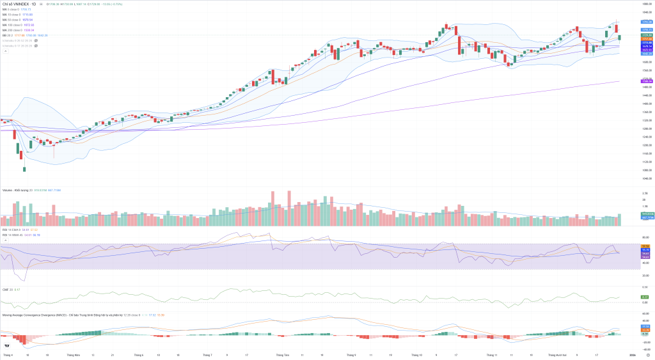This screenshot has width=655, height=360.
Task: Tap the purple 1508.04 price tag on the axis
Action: pyautogui.click(x=646, y=81)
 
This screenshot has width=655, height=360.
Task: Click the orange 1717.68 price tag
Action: pyautogui.click(x=646, y=39)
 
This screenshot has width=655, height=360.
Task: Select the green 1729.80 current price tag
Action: pyautogui.click(x=646, y=35)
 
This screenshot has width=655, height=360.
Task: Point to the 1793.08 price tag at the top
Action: pyautogui.click(x=646, y=22)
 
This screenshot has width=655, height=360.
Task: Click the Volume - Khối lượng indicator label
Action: pyautogui.click(x=17, y=190)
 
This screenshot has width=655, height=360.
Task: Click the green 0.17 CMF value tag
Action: pyautogui.click(x=645, y=297)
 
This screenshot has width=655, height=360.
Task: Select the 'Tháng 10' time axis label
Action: pyautogui.click(x=417, y=354)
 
